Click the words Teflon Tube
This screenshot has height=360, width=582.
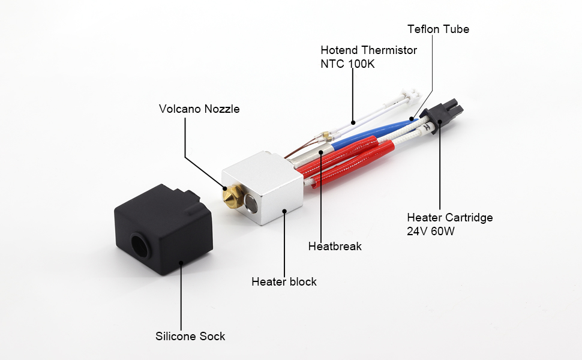438,29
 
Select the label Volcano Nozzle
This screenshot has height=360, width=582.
199,109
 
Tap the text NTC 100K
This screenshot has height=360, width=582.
347,64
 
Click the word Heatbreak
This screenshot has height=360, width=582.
335,246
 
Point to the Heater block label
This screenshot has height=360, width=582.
284,281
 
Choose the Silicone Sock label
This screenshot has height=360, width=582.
190,336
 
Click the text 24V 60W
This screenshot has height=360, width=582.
431,231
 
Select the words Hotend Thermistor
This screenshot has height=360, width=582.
368,50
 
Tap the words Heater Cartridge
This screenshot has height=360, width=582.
449,217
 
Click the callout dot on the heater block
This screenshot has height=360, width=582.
284,211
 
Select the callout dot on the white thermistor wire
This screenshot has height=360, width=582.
353,122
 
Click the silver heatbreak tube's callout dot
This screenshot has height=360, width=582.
322,152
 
